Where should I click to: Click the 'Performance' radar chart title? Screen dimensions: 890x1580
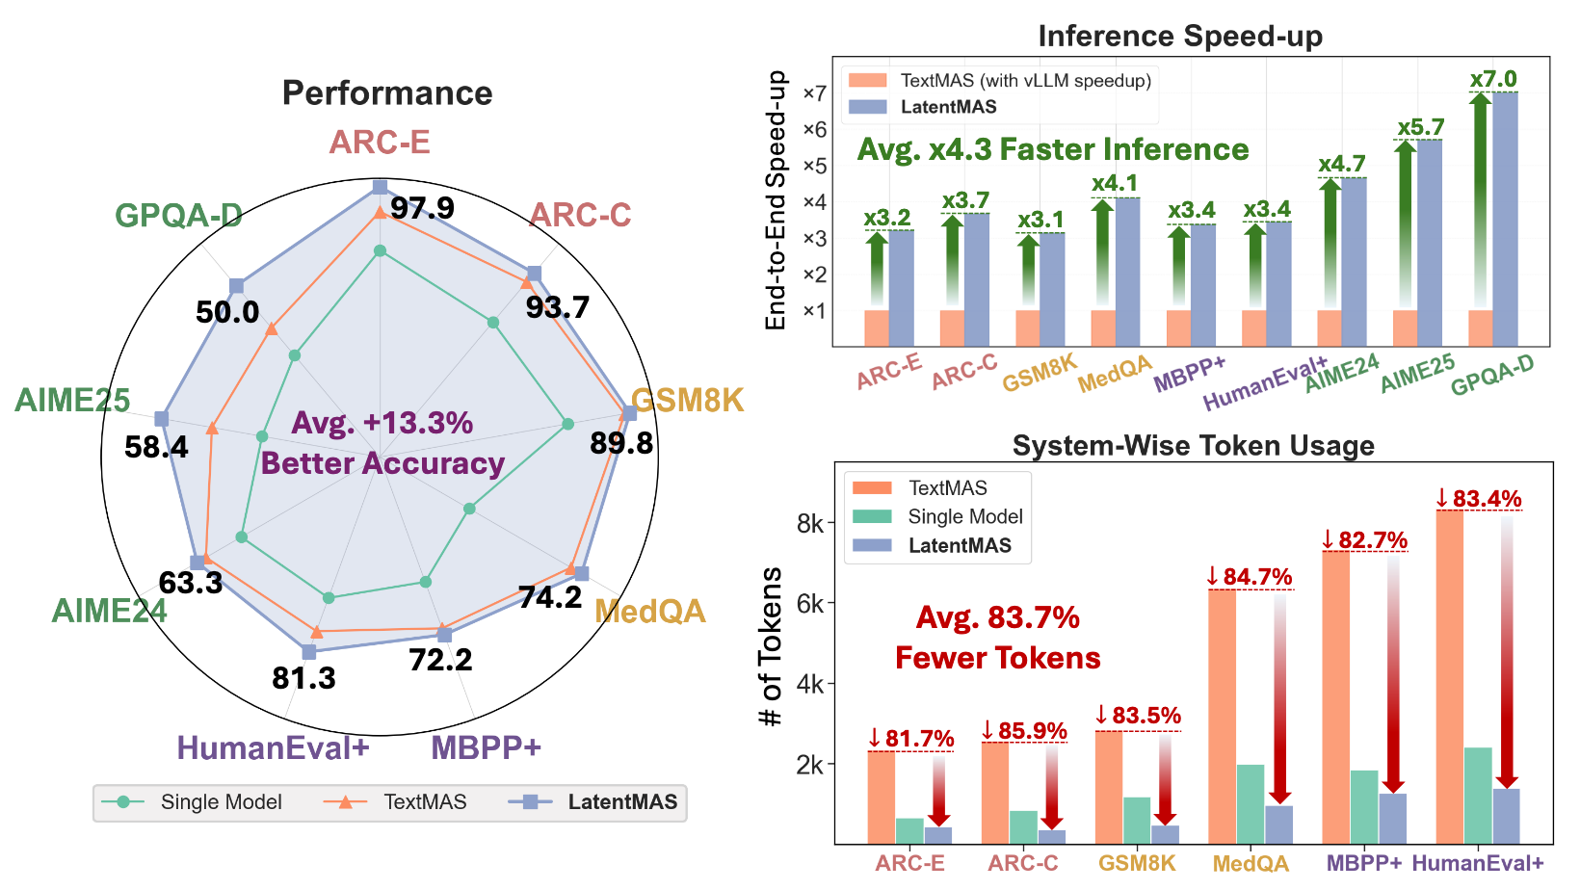click(x=387, y=93)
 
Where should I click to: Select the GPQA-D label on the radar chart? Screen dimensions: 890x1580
click(x=178, y=216)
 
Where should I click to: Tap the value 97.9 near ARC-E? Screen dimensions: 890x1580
click(x=422, y=208)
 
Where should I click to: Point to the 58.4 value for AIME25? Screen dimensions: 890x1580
click(x=156, y=447)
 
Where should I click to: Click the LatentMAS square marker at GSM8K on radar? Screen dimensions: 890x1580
click(x=629, y=413)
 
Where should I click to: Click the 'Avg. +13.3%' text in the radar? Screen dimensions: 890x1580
click(x=382, y=423)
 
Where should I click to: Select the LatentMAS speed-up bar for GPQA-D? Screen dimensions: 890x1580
click(x=1505, y=220)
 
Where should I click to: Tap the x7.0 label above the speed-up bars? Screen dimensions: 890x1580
click(x=1493, y=79)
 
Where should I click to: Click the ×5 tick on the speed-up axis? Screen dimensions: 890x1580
click(x=814, y=166)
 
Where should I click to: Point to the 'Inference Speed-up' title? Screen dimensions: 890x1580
click(x=1180, y=37)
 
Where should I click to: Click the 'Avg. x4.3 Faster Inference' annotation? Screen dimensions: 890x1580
click(x=1053, y=149)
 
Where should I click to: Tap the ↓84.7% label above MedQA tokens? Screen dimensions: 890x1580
click(x=1249, y=577)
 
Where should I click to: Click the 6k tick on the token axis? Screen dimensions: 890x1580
click(x=810, y=604)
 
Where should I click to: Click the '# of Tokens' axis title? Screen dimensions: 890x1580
click(x=771, y=647)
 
